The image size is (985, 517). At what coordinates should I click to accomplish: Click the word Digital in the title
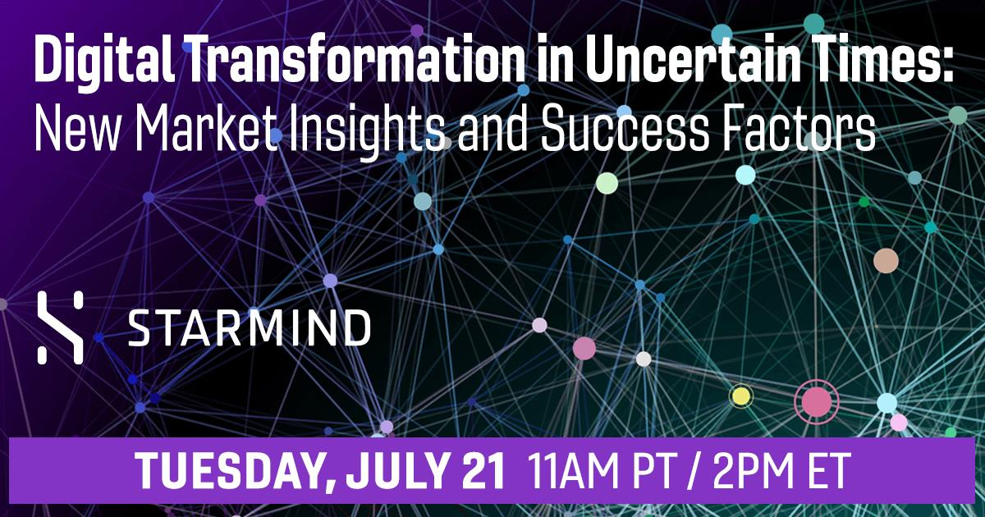(x=105, y=60)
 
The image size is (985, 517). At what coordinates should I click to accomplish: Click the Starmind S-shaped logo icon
(x=60, y=327)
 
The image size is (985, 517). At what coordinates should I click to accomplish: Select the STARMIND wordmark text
(x=250, y=328)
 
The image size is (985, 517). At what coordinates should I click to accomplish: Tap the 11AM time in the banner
(x=571, y=470)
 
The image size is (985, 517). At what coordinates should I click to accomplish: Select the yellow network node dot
(x=741, y=396)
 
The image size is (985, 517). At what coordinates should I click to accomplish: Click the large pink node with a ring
(x=817, y=402)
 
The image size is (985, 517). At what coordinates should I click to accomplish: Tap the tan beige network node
(x=886, y=261)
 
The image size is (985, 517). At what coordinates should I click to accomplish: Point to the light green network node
(x=607, y=183)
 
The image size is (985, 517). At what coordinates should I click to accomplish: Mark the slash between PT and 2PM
(x=694, y=471)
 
